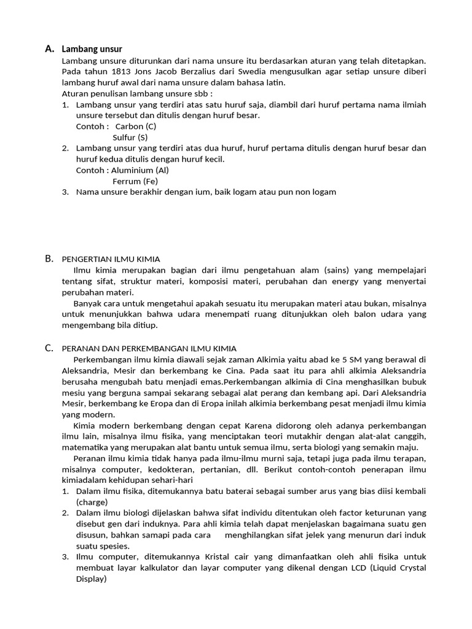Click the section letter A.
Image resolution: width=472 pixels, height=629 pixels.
[x=49, y=49]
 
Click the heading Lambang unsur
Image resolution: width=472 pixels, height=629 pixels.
[x=92, y=49]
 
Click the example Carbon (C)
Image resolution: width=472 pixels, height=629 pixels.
[x=136, y=127]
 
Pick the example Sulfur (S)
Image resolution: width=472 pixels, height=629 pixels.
[x=130, y=138]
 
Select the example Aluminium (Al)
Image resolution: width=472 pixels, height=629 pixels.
[x=140, y=170]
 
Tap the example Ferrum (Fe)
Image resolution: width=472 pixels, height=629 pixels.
[x=135, y=181]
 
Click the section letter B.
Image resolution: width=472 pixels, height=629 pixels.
[x=49, y=259]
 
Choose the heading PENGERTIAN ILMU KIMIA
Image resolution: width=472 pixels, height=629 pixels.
[x=111, y=259]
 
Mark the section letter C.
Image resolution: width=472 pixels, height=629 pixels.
[x=49, y=348]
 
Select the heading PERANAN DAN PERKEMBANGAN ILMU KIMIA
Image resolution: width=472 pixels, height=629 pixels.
[x=149, y=348]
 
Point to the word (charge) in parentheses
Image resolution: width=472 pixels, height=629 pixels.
[x=92, y=502]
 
